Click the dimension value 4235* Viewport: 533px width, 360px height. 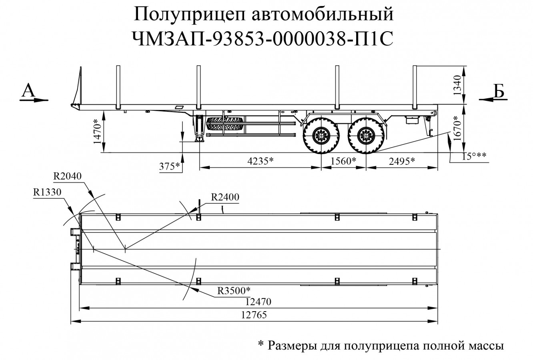(260, 161)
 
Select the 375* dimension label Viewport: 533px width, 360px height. (169, 166)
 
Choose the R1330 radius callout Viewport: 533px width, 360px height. (47, 192)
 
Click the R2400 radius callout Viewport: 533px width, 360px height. (225, 197)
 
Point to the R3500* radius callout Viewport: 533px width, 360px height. (234, 291)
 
